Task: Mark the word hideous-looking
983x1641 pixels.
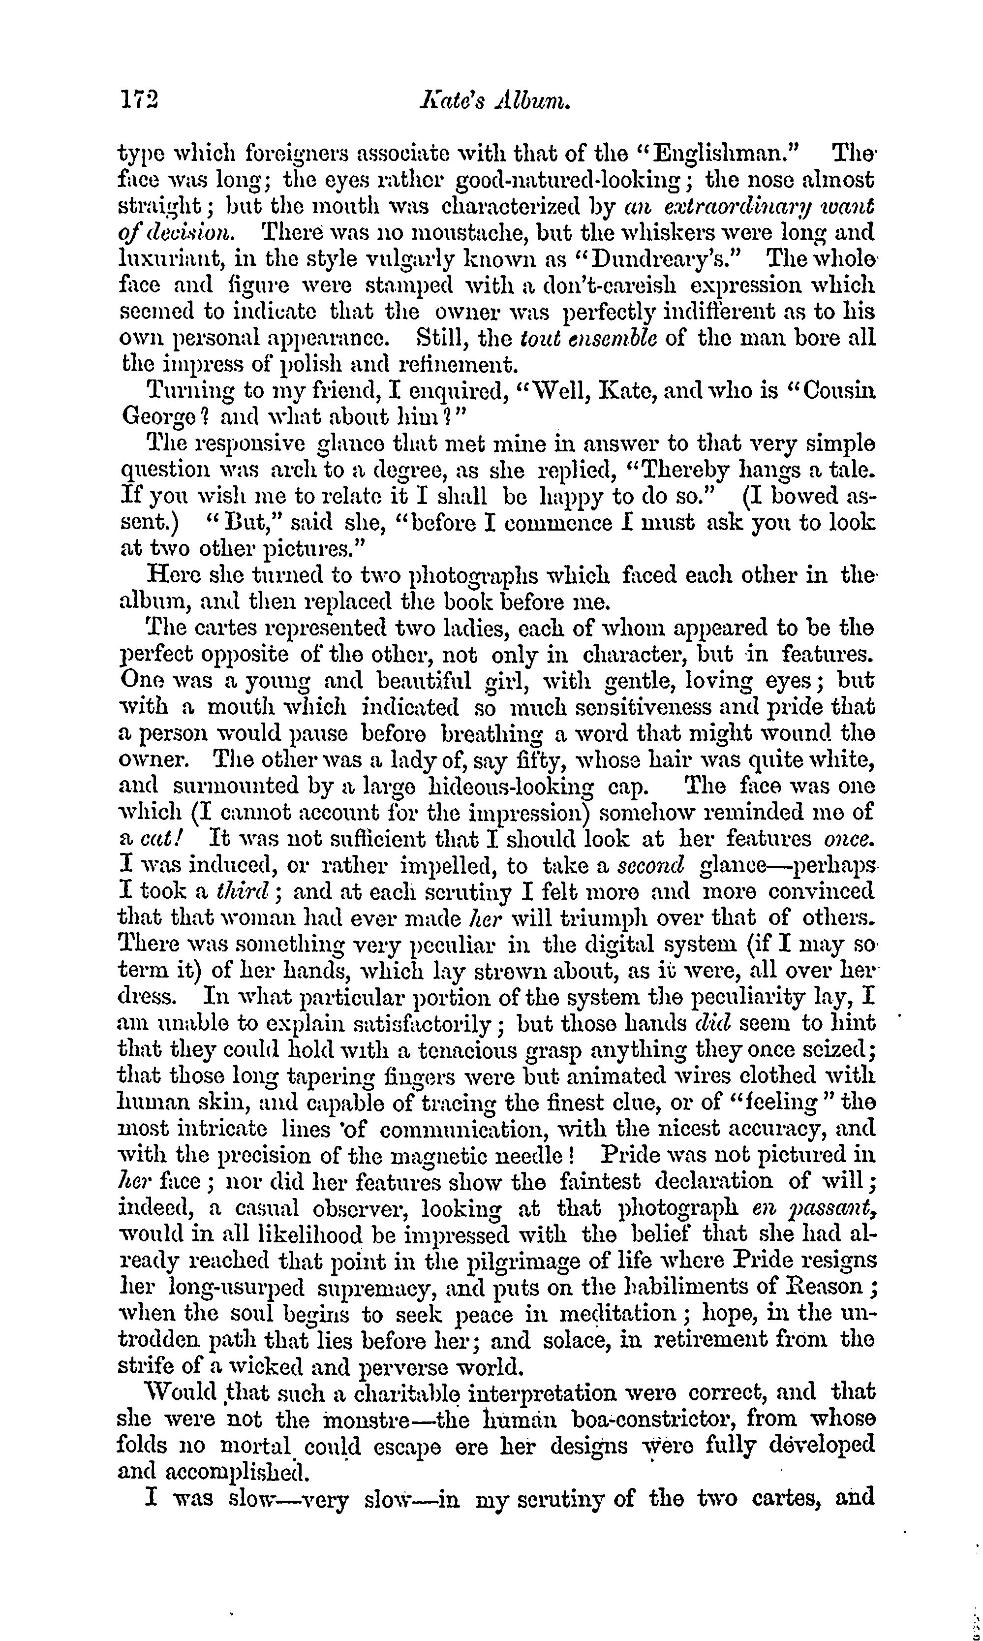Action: tap(525, 787)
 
